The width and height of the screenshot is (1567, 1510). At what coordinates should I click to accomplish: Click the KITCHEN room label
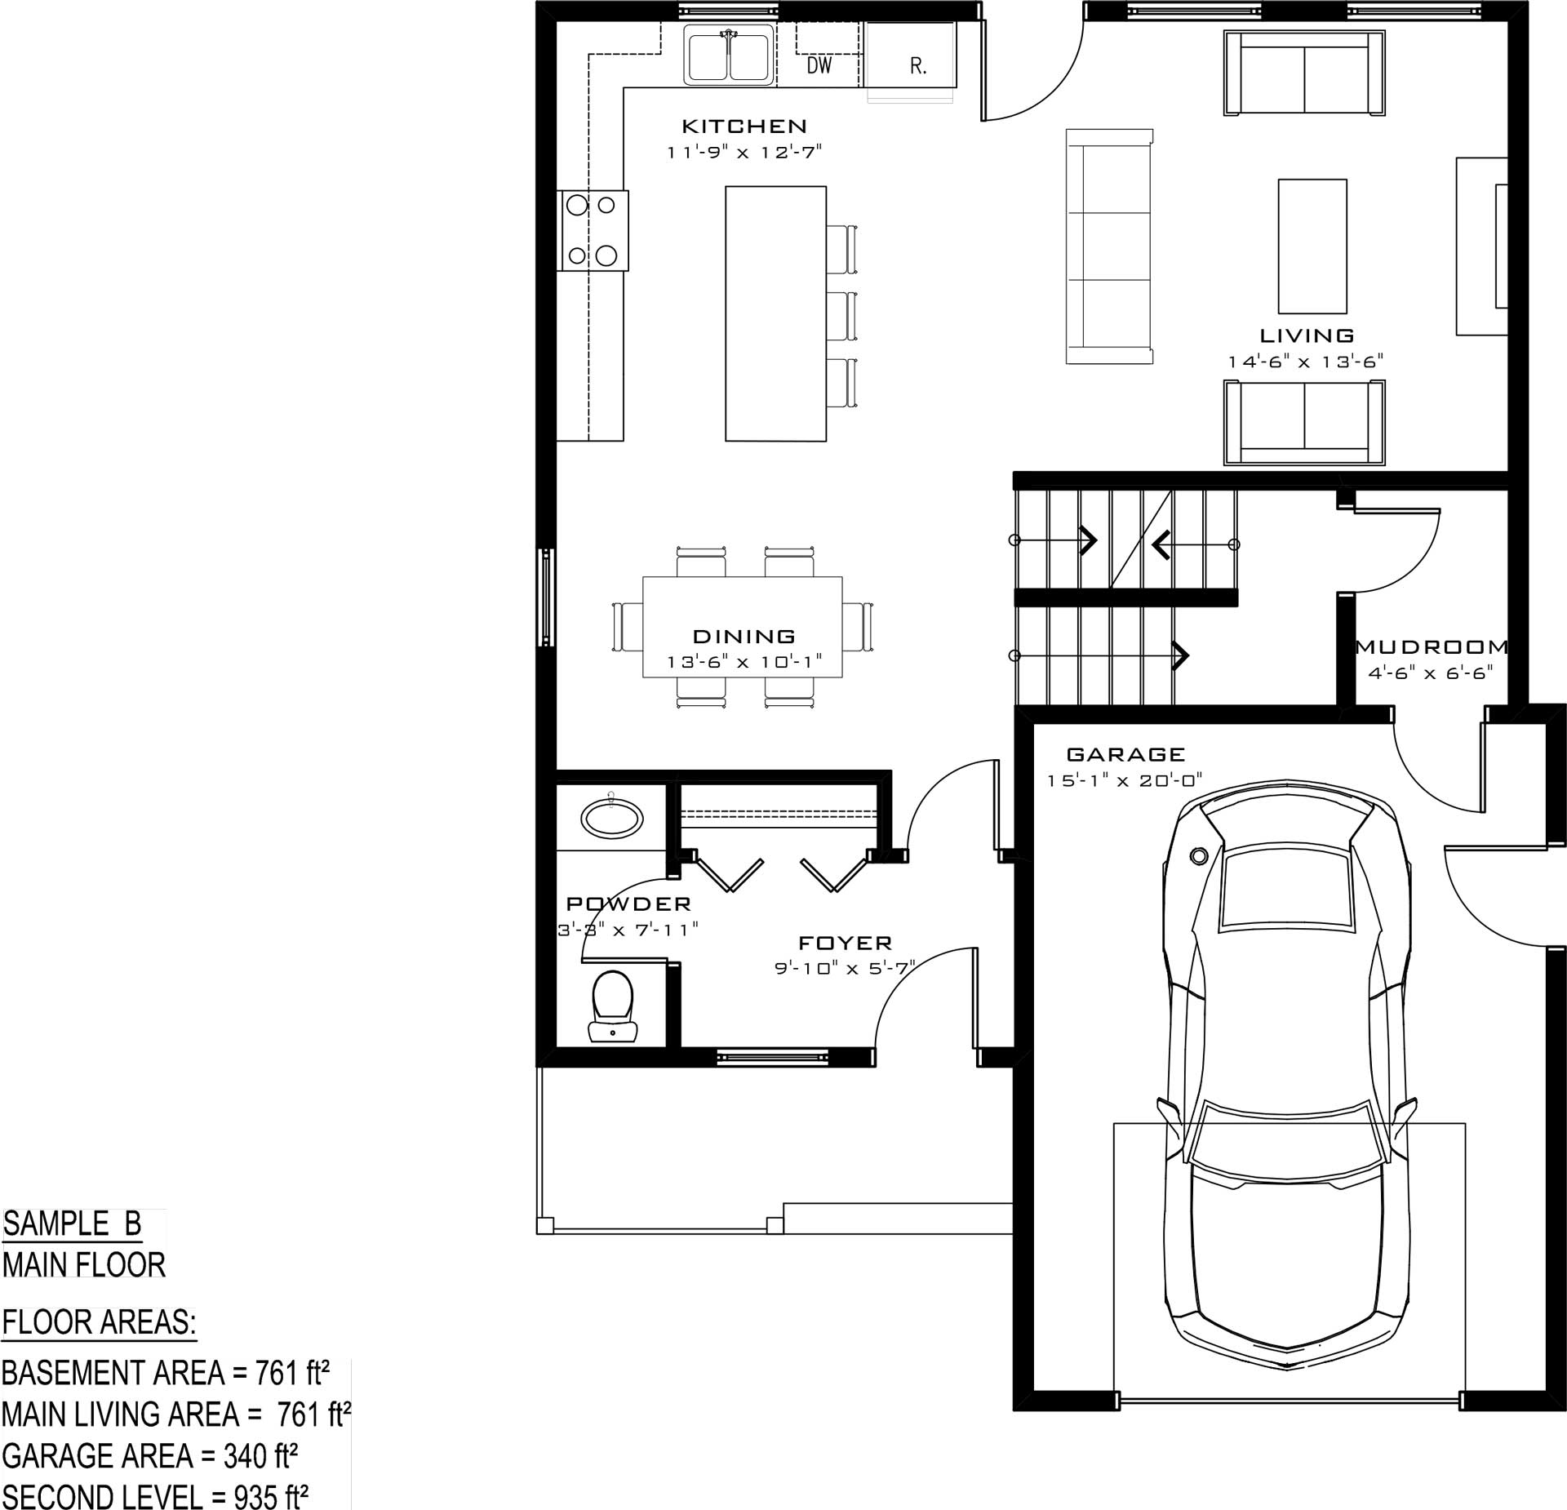[x=744, y=126]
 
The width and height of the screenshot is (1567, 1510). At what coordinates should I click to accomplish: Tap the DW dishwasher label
[x=819, y=65]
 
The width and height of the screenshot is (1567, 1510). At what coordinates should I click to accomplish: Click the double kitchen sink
[x=729, y=55]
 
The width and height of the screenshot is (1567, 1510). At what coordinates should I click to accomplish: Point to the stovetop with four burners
[x=593, y=230]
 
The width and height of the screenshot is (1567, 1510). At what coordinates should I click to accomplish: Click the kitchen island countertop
[x=775, y=313]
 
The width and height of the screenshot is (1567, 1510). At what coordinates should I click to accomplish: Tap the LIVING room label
[x=1307, y=335]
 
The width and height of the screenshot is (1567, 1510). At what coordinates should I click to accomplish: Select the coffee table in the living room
[x=1312, y=246]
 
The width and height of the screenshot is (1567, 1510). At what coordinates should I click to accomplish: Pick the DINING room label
[x=744, y=636]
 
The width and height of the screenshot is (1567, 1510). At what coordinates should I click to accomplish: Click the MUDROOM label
[x=1432, y=647]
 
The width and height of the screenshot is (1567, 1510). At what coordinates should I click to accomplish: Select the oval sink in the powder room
[x=611, y=818]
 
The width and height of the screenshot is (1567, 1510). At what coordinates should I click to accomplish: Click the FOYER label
[x=845, y=943]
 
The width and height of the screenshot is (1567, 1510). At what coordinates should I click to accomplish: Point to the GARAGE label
[x=1125, y=754]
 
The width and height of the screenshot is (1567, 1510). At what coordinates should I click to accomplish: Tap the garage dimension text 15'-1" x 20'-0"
[x=1125, y=780]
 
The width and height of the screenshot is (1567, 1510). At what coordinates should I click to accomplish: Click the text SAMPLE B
[x=72, y=1224]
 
